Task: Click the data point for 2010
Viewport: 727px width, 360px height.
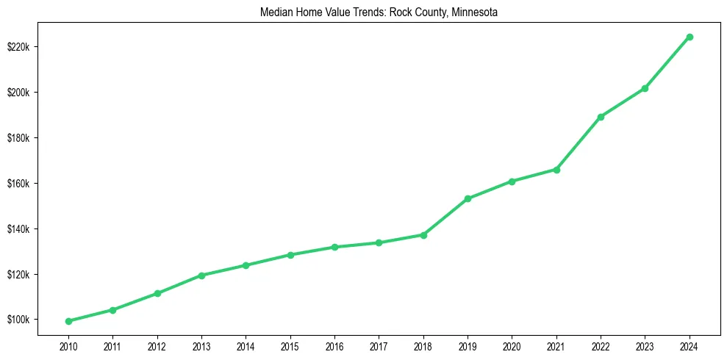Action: [68, 321]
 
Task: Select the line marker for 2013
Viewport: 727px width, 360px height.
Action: [201, 276]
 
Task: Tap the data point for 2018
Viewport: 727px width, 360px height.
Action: [423, 235]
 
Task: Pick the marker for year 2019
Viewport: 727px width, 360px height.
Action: [468, 198]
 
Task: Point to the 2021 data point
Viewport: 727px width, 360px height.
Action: [556, 170]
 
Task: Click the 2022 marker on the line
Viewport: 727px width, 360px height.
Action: [601, 117]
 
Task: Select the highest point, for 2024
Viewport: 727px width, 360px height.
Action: [690, 37]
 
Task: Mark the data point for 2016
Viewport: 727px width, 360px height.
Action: [334, 247]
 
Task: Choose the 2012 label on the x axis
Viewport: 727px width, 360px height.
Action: [157, 345]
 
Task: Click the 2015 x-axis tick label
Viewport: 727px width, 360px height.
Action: [290, 345]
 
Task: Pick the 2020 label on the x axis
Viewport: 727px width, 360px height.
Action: [512, 345]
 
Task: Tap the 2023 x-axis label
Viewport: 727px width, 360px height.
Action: [645, 345]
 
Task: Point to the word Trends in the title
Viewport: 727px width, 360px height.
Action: [359, 12]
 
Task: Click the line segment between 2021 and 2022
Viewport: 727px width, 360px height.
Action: [579, 143]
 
